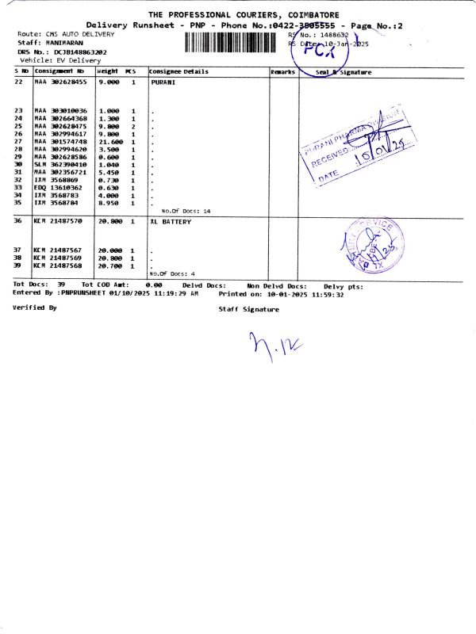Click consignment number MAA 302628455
click(x=60, y=82)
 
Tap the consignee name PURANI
click(x=162, y=82)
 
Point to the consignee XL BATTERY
click(x=171, y=222)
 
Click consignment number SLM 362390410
click(x=60, y=164)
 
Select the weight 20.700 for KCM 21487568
click(x=109, y=265)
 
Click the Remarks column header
click(x=282, y=72)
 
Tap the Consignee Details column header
click(x=178, y=72)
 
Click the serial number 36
click(x=17, y=222)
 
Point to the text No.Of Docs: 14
click(x=185, y=211)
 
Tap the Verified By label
click(x=35, y=307)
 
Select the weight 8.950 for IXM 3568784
click(x=109, y=203)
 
